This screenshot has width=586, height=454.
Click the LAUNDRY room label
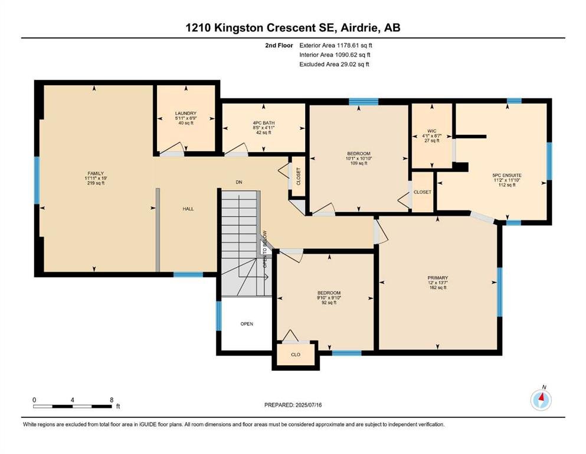(186, 113)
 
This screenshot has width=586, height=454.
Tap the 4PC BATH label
(263, 123)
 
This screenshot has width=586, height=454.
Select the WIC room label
(431, 131)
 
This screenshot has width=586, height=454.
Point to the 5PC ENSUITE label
(507, 175)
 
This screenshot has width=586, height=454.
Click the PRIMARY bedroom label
(438, 278)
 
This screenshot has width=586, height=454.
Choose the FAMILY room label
(96, 173)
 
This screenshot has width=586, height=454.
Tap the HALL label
(188, 209)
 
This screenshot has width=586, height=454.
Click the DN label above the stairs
(239, 182)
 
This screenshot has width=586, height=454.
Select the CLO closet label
(296, 355)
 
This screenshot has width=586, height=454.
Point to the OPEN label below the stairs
(247, 324)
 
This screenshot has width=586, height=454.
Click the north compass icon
(541, 400)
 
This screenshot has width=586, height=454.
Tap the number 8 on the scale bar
(112, 400)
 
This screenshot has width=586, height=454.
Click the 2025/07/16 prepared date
(308, 405)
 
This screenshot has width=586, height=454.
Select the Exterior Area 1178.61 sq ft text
(336, 46)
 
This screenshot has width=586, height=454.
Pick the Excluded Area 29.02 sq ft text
(334, 64)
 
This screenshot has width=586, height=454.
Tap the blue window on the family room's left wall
(37, 180)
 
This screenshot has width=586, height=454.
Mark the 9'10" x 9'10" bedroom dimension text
(329, 297)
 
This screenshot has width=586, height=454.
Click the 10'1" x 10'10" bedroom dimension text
(359, 158)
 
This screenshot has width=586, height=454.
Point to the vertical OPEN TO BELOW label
(264, 249)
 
